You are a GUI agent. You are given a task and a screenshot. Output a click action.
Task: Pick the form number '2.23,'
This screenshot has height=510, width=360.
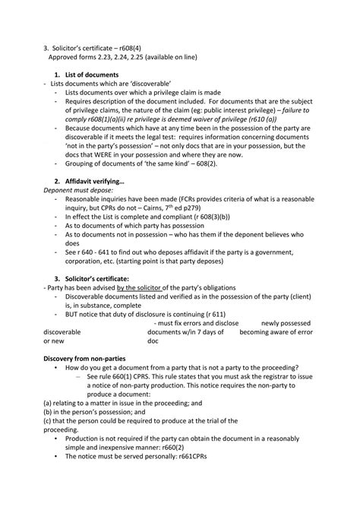(x=104, y=55)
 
